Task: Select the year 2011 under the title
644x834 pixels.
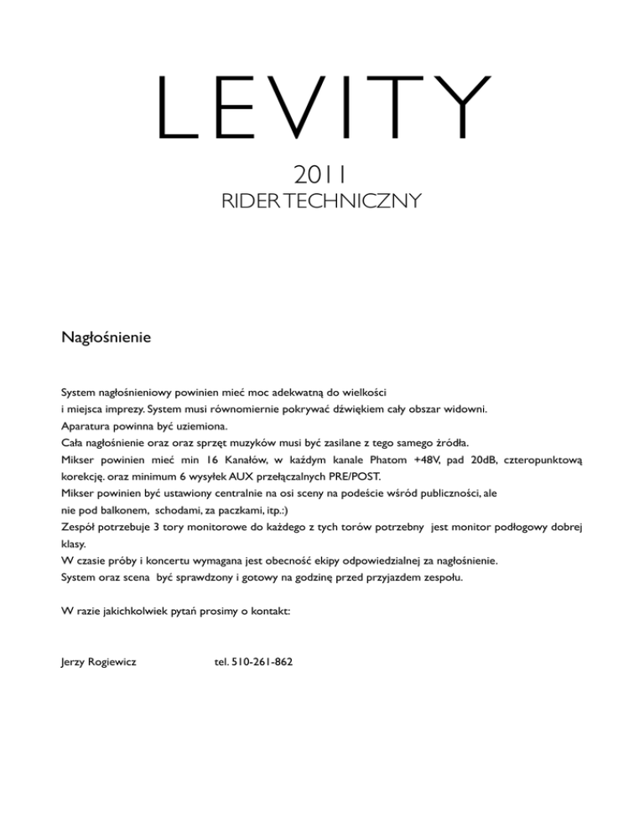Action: pos(321,175)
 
